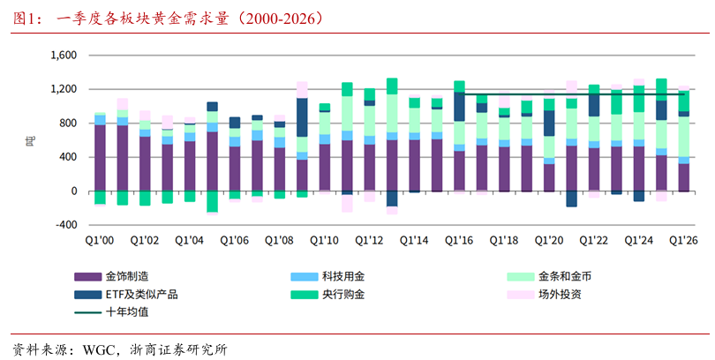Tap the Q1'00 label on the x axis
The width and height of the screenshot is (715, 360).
(x=100, y=240)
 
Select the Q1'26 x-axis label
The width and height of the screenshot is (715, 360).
(x=683, y=240)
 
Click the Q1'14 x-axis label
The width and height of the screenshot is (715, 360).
(x=414, y=240)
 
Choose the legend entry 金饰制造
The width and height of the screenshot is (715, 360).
(x=112, y=276)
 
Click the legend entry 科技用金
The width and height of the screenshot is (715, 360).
(x=327, y=276)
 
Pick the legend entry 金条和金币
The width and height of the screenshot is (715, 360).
(x=549, y=276)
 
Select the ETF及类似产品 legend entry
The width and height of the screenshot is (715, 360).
(x=126, y=295)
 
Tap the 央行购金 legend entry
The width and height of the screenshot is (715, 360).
(x=327, y=295)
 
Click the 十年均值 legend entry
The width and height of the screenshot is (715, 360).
(x=112, y=312)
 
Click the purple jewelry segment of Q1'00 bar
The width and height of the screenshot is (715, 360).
(x=100, y=158)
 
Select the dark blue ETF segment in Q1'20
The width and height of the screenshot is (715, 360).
(x=549, y=123)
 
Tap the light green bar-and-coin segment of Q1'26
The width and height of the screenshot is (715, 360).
(x=683, y=137)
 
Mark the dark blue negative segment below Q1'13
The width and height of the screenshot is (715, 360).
(x=392, y=199)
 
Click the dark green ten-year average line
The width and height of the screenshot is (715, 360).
(x=574, y=94)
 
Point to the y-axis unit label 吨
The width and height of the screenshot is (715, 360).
(x=28, y=140)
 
